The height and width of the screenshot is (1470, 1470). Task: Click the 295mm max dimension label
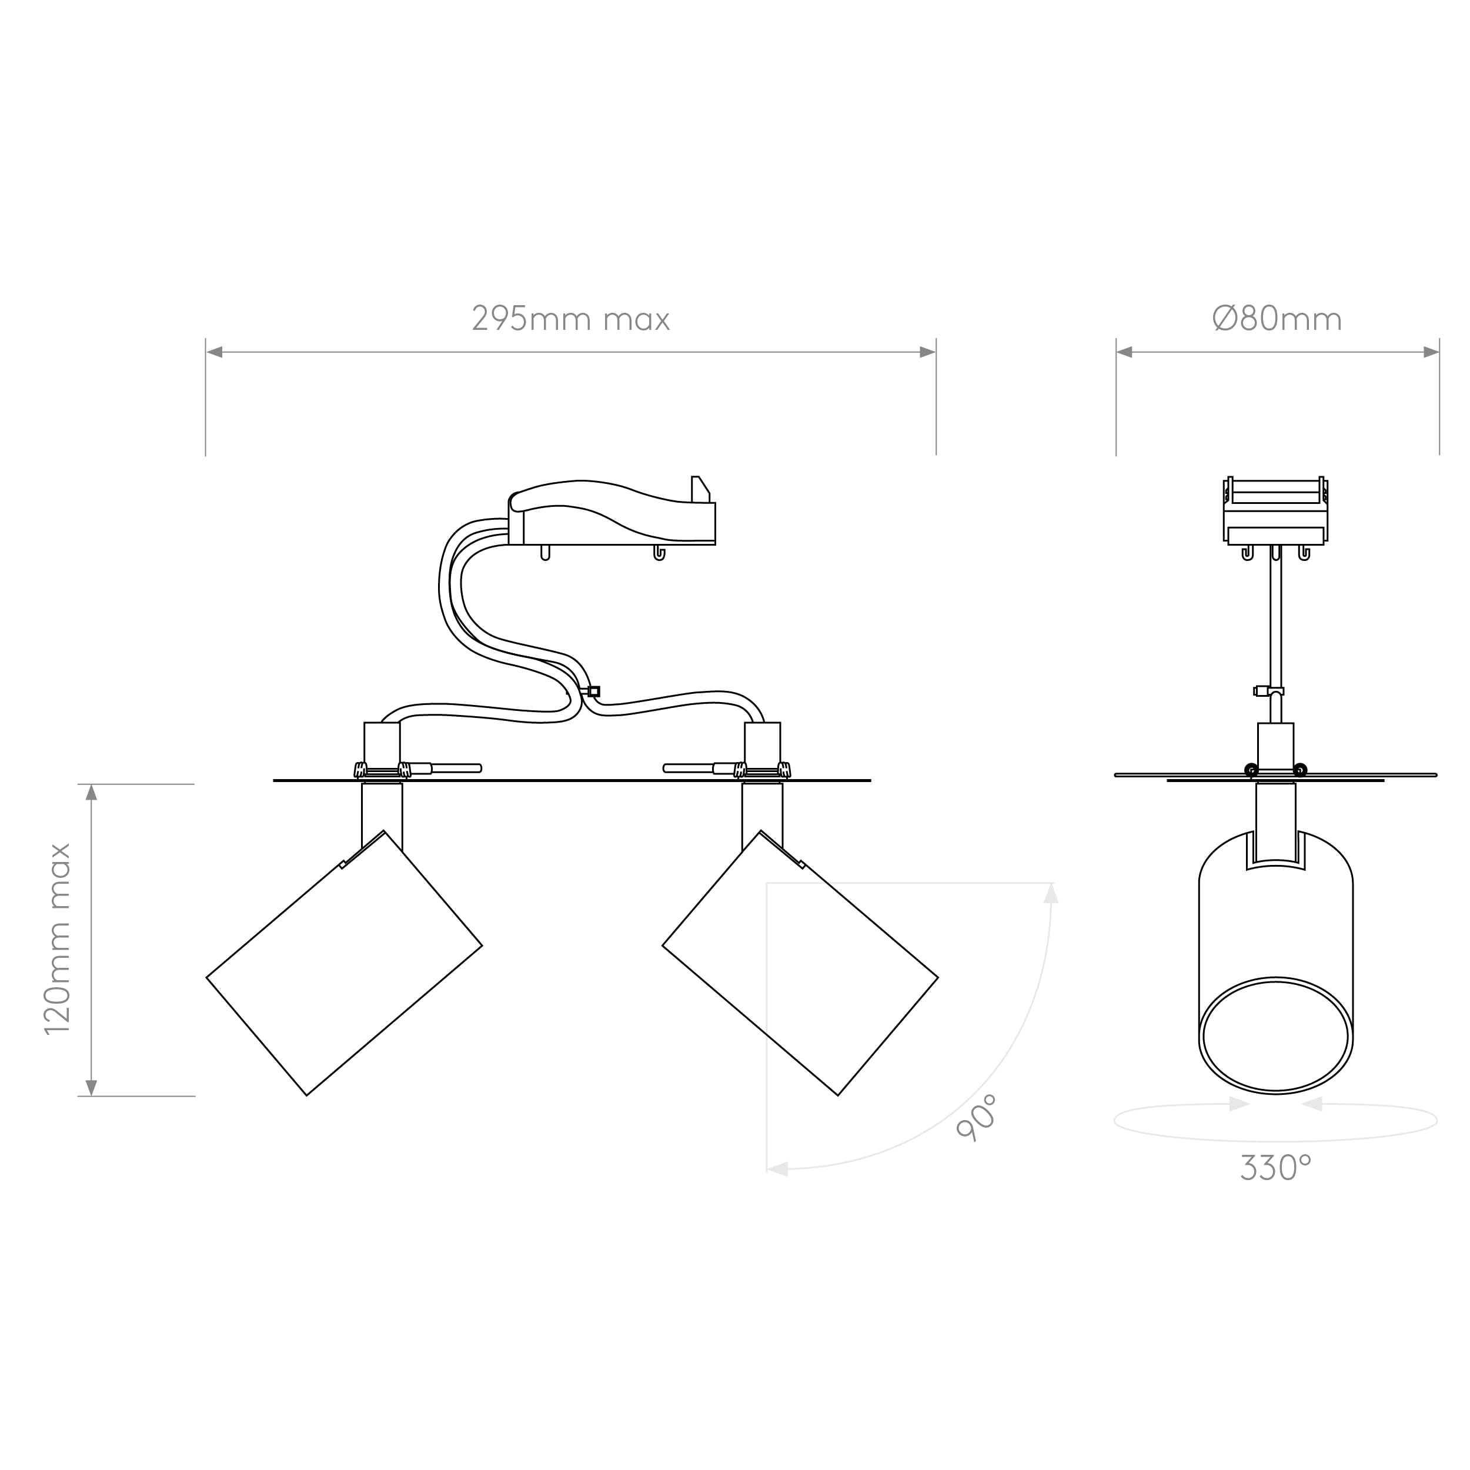[x=570, y=319]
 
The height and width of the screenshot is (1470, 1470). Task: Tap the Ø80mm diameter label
[x=1277, y=319]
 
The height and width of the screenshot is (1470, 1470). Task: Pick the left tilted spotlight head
[x=344, y=963]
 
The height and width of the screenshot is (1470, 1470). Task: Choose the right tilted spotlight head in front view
[x=800, y=963]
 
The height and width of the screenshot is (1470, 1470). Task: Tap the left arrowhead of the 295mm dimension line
[x=215, y=352]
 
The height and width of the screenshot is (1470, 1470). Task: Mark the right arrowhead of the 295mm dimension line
[x=927, y=352]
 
